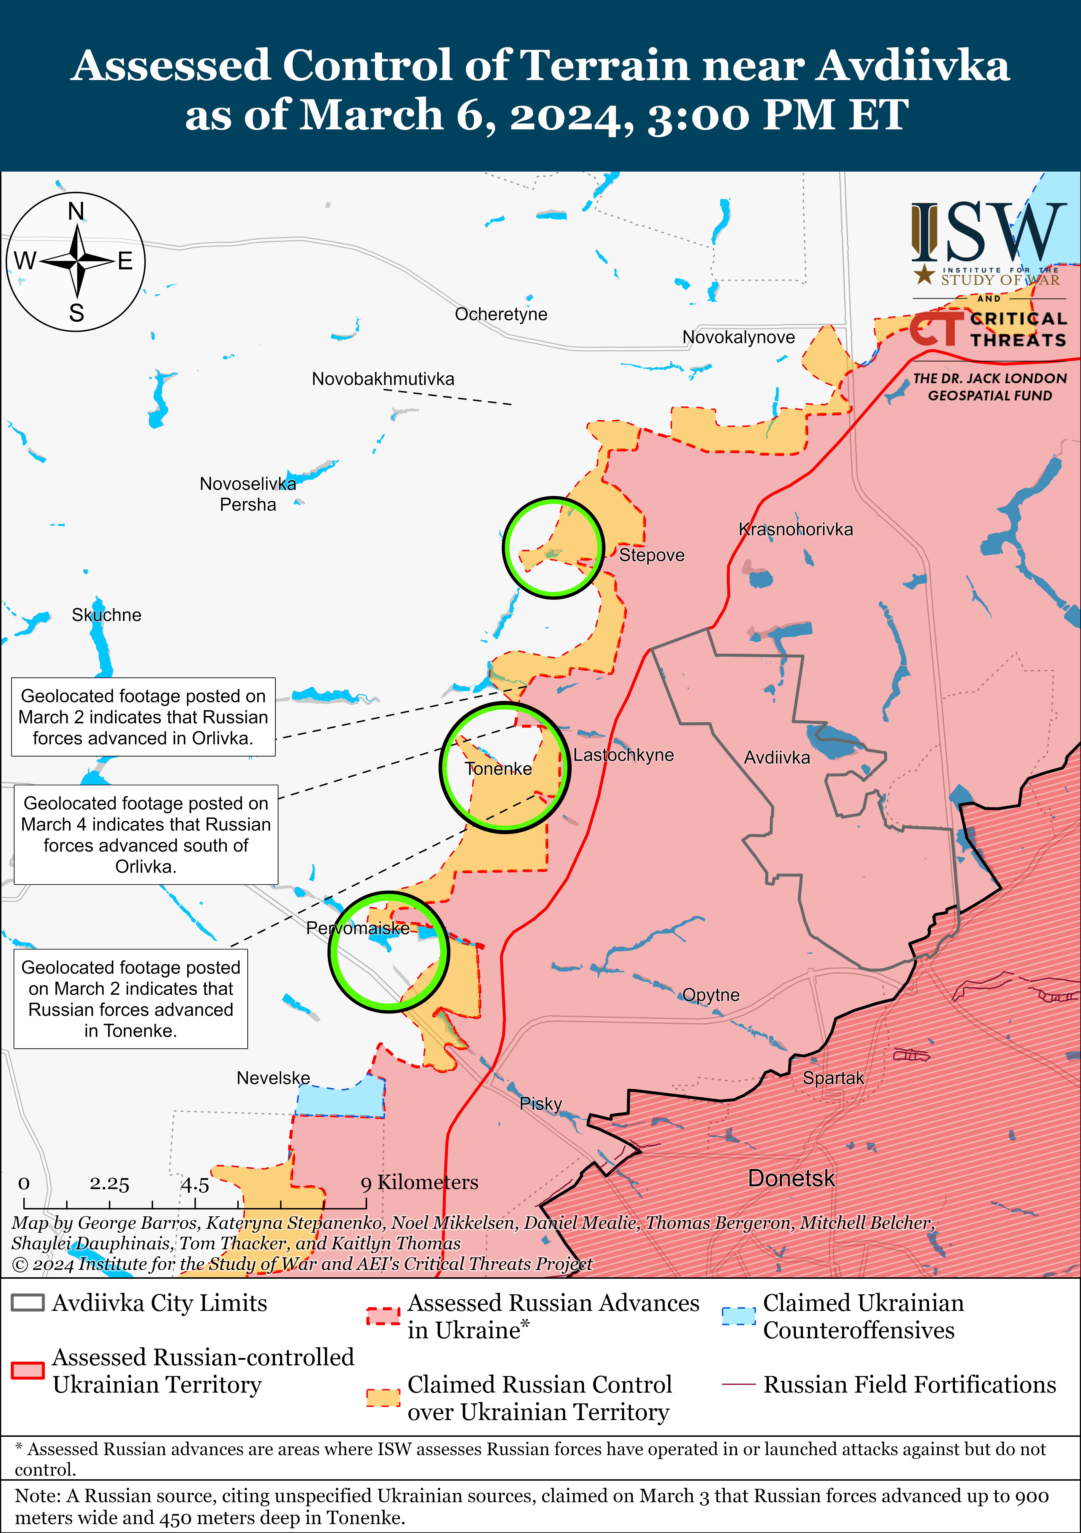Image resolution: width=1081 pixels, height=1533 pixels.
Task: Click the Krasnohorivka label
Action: coord(795,529)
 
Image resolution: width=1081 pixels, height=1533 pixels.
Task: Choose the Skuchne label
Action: coord(107,615)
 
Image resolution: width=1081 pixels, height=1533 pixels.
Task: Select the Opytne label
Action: coord(711,995)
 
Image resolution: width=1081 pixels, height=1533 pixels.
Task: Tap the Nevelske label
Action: coord(273,1078)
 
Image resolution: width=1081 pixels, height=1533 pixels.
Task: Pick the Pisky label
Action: coord(540,1104)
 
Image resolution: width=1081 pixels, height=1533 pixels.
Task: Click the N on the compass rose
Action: coord(76,212)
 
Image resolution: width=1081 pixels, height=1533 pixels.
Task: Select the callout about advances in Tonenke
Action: coord(131,999)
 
